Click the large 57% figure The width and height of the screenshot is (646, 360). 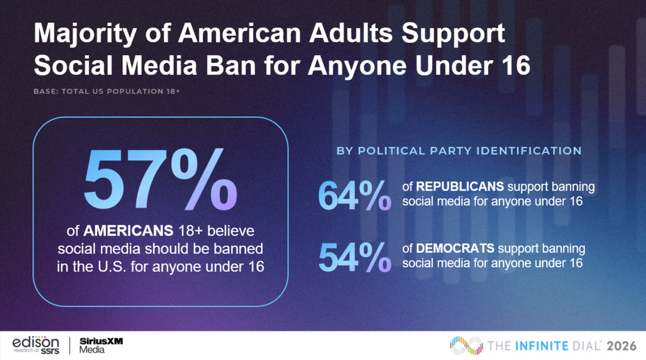click(x=160, y=180)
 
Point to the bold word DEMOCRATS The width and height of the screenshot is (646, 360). click(x=455, y=248)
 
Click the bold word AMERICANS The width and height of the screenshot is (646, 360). click(x=128, y=231)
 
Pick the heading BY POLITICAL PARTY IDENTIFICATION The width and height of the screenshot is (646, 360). click(x=459, y=151)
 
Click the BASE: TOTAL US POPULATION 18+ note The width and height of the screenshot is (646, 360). click(x=107, y=92)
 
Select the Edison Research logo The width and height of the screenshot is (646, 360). click(x=36, y=345)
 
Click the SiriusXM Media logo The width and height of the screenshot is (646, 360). click(x=101, y=345)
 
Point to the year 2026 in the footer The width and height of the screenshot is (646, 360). click(x=621, y=346)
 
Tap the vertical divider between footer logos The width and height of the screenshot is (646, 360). click(x=69, y=346)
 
